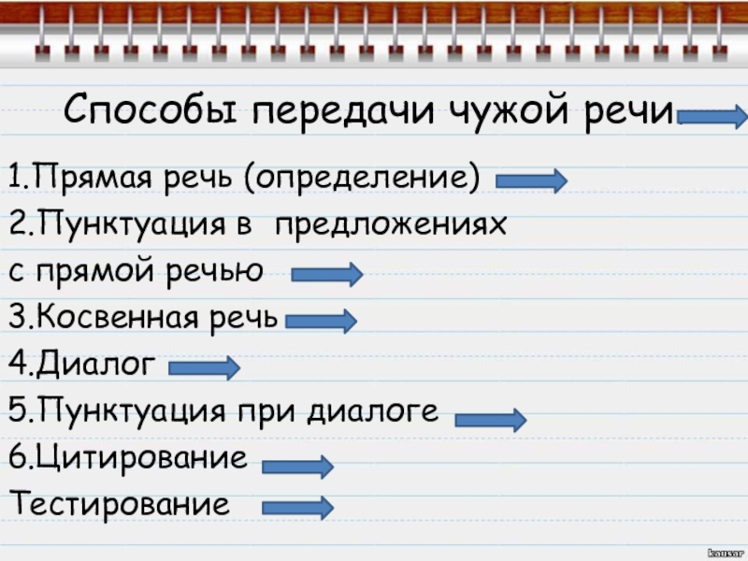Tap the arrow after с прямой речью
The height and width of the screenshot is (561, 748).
coord(326,275)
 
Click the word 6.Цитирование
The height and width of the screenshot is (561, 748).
coord(128,458)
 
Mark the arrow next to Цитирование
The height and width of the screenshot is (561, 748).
coord(297,466)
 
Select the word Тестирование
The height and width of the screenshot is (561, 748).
coord(119,505)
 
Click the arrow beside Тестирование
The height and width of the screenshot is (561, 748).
coord(297,508)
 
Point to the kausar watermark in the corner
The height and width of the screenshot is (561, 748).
coord(726,553)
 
